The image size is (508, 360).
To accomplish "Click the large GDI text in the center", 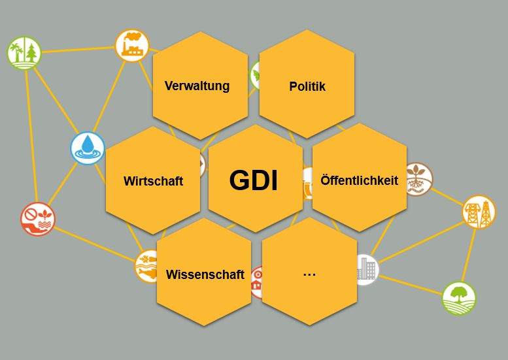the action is coord(254,180).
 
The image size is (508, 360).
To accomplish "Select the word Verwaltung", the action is coord(197,86).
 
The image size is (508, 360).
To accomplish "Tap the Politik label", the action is coord(307,86).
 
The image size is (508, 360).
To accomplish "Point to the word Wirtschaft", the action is coord(153,180).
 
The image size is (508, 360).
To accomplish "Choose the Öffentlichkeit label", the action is coord(360,180).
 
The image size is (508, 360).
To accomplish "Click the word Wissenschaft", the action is coord(205,274).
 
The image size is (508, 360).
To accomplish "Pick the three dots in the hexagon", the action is coord(309,274).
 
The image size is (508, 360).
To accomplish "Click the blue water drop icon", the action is coord(88,148).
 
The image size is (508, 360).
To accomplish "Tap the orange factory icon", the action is coord(132,45).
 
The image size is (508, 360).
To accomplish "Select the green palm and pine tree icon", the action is coord(24,53).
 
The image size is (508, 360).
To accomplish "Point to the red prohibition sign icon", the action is coord(38,219).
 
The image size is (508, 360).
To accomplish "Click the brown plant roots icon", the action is coord(419,179).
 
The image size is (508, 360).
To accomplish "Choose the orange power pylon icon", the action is coord(479,212).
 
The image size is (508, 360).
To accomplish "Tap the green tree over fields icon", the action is coord(459,298).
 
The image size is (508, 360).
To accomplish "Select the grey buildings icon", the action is coord(367,269).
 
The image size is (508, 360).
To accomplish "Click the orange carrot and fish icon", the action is coord(146,267).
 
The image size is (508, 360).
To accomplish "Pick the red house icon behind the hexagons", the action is coord(257,282).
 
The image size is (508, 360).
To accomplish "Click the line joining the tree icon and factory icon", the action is coord(78,50).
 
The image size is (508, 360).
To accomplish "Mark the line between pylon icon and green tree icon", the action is coord(469,255).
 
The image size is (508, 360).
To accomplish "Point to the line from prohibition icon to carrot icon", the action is coord(95,244).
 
